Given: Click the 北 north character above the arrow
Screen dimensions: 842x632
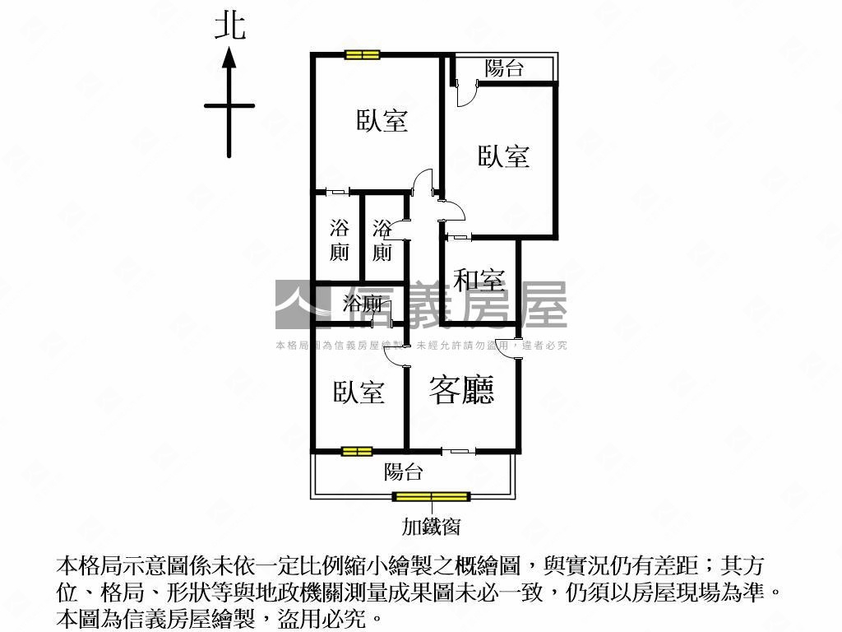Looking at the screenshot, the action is pyautogui.click(x=230, y=26).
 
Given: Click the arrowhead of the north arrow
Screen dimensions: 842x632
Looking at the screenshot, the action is pyautogui.click(x=229, y=57).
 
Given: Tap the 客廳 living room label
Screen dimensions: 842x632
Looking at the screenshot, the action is pyautogui.click(x=461, y=390).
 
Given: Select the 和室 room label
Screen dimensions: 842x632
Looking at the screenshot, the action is pyautogui.click(x=479, y=279).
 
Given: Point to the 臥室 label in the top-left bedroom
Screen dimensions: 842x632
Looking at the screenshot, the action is pyautogui.click(x=382, y=120).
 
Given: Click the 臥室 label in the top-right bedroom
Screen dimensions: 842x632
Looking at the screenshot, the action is pyautogui.click(x=504, y=156).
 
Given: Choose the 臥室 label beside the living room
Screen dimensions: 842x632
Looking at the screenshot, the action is pyautogui.click(x=359, y=393).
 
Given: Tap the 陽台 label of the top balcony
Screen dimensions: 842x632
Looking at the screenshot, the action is pyautogui.click(x=504, y=68).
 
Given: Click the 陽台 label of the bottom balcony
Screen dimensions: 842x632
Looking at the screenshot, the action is pyautogui.click(x=403, y=472).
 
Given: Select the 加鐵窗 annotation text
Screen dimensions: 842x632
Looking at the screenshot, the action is pyautogui.click(x=431, y=526).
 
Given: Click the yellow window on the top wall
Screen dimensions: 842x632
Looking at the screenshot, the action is pyautogui.click(x=363, y=54).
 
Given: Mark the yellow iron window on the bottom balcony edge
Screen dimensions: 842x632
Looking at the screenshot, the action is pyautogui.click(x=431, y=496).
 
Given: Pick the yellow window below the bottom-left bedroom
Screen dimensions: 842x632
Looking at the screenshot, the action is pyautogui.click(x=357, y=452).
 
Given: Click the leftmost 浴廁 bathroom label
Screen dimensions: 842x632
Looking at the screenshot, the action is pyautogui.click(x=339, y=240).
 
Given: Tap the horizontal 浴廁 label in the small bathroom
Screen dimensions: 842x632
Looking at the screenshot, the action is pyautogui.click(x=363, y=304).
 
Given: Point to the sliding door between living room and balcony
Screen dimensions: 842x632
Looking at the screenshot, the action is pyautogui.click(x=459, y=451).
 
